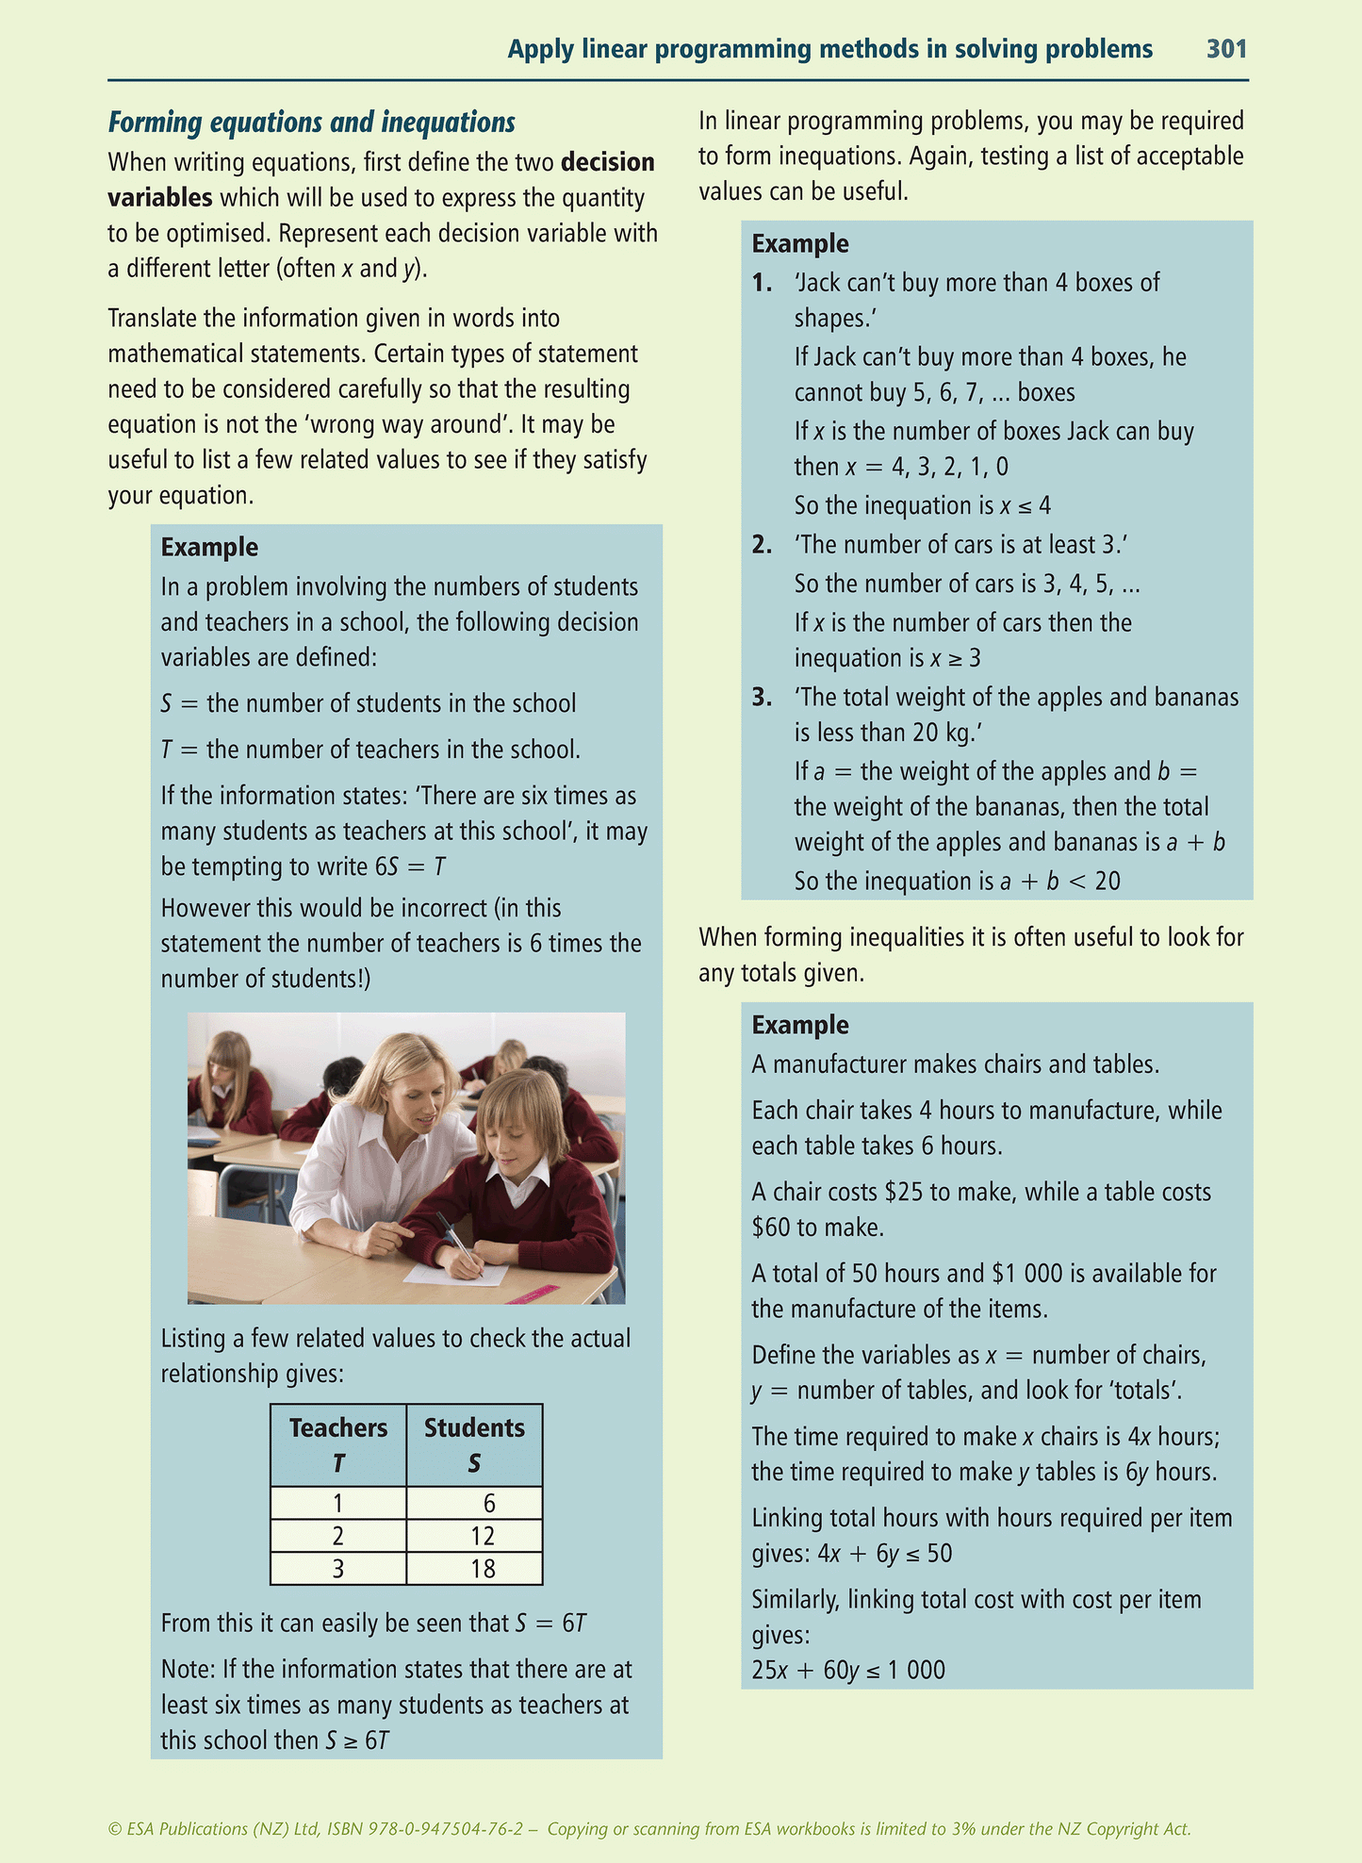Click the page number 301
click(1226, 49)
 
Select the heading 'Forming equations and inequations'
click(312, 123)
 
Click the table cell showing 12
click(482, 1536)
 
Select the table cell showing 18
click(482, 1569)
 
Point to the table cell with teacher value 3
click(337, 1569)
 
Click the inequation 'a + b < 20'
click(1059, 882)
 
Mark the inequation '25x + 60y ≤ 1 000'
click(848, 1671)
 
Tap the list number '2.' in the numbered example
click(763, 545)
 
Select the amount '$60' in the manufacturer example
click(770, 1228)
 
